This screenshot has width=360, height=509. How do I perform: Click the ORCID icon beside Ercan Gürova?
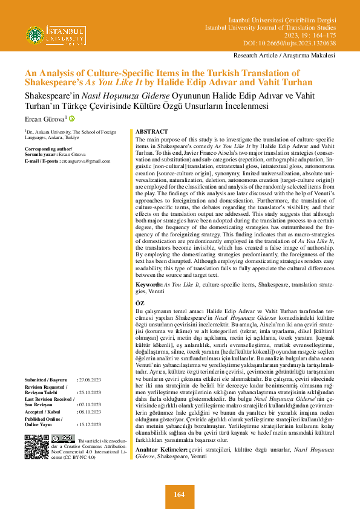coord(73,118)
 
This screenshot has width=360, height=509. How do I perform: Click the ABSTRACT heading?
coord(152,131)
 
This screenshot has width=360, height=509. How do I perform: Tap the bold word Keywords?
coord(149,284)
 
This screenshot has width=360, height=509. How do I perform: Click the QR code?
coord(37,447)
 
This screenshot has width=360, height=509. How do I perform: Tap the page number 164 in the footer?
coord(179,494)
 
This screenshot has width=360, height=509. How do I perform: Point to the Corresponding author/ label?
coord(45,148)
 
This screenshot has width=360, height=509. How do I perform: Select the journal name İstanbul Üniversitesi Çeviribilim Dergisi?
coord(284,21)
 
